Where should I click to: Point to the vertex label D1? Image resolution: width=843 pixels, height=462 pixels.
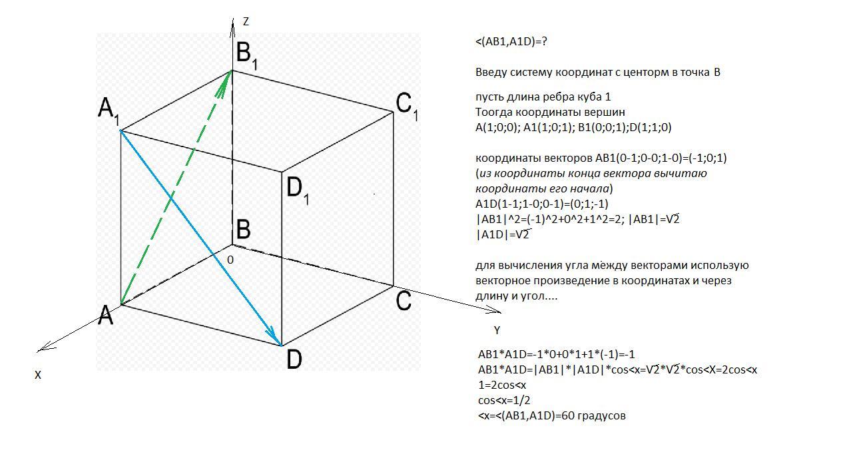(297, 190)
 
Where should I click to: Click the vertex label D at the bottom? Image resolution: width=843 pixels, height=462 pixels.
(294, 359)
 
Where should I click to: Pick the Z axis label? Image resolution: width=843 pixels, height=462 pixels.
(246, 22)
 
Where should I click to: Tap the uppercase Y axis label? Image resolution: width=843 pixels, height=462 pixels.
(497, 330)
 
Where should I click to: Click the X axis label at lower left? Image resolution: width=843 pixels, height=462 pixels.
(38, 375)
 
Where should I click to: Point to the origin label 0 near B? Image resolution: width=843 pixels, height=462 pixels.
(230, 260)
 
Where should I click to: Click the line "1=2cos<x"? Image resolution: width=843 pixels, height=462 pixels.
(502, 385)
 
